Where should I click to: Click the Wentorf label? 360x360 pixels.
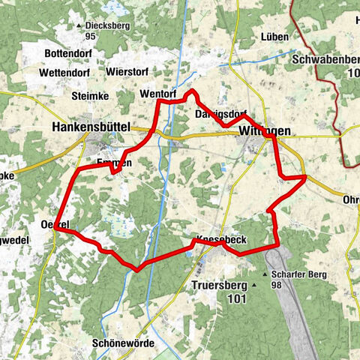[x=157, y=94]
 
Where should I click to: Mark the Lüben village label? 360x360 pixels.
[x=275, y=37]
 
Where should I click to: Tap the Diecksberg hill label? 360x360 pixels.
[x=108, y=25]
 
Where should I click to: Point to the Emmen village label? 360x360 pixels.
[x=114, y=163]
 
